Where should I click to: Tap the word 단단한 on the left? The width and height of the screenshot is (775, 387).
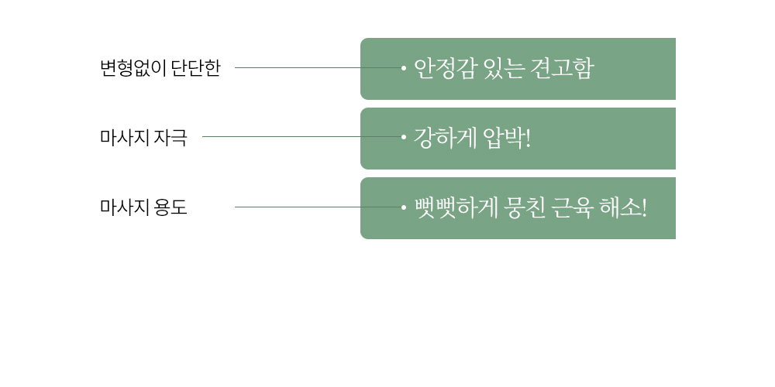tap(196, 68)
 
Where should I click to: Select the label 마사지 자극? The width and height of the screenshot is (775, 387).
tap(143, 137)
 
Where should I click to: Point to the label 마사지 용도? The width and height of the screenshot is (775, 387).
tap(143, 207)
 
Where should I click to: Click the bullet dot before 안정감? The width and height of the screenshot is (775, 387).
tap(404, 68)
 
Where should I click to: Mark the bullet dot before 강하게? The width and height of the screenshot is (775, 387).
tap(404, 137)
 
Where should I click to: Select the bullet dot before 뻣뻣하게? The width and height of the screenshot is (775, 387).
tap(404, 207)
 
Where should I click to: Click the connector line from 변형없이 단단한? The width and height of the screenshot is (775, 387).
tap(317, 68)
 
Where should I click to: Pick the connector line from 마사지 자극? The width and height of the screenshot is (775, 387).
tap(301, 137)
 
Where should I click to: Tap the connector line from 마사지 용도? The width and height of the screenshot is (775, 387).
tap(317, 207)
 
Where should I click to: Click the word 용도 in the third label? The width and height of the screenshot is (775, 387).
tap(170, 207)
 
